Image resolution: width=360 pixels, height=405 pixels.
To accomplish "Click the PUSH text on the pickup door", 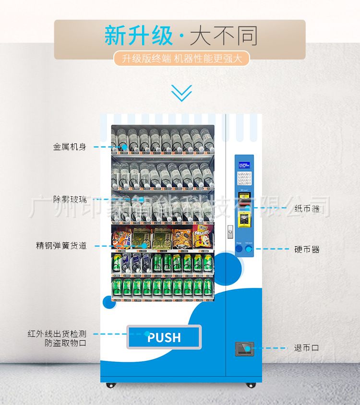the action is coord(164,337).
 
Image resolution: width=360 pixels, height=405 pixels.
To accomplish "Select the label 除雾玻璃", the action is coord(70,199).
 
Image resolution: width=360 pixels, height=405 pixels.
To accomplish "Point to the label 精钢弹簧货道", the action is coord(61,246).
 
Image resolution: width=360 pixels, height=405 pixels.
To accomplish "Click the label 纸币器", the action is coord(307,208).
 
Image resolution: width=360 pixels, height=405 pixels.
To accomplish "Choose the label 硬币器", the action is coord(307,250).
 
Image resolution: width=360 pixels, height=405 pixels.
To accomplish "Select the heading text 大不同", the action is coord(224,36).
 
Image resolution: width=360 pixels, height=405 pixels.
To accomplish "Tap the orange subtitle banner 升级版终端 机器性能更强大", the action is coord(182,59).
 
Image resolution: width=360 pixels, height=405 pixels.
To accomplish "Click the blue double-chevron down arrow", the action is coord(182,93).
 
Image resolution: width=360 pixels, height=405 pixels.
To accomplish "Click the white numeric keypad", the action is coord(244,178).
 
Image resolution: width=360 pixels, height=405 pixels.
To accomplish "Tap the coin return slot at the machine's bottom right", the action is coord(244,348).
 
